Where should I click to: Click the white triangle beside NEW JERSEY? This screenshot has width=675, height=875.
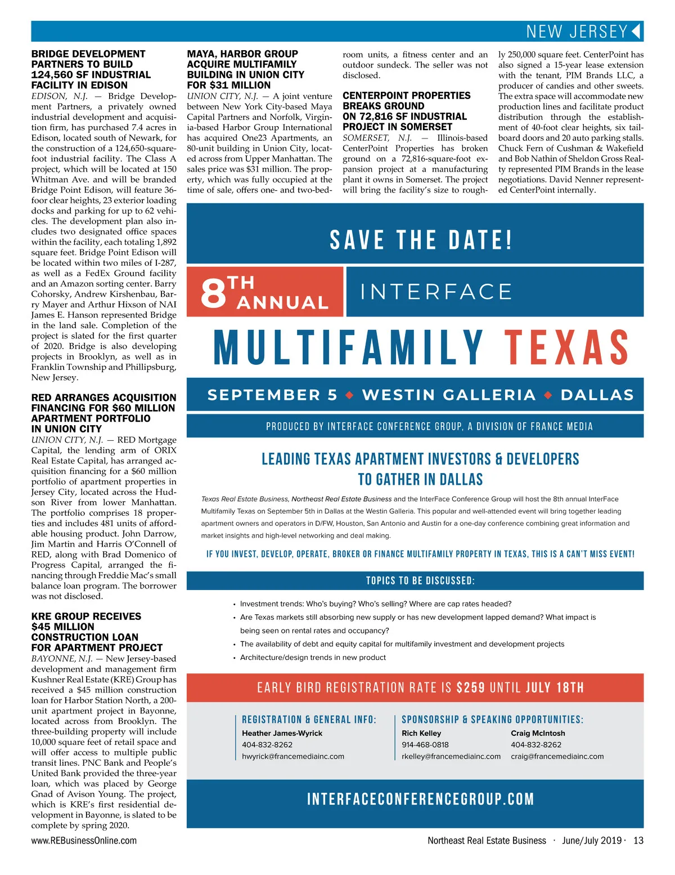tap(636, 31)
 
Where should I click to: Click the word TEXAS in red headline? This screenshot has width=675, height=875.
tap(566, 347)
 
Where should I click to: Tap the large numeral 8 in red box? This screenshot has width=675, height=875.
tap(213, 292)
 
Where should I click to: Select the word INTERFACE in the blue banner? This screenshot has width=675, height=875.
tap(436, 292)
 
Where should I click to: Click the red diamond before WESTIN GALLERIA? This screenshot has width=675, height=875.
tap(349, 395)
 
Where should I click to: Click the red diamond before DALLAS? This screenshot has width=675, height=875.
tap(548, 395)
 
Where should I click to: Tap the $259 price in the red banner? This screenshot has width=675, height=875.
tap(470, 687)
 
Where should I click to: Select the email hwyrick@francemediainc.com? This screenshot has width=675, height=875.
tap(292, 756)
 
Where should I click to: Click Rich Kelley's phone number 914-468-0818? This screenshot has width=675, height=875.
tap(425, 744)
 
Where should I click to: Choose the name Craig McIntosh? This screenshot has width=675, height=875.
tap(538, 733)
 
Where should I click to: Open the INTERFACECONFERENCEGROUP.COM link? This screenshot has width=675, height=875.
tap(420, 799)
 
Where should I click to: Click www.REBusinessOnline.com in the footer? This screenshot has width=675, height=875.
tap(84, 841)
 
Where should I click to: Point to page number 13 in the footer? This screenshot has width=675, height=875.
tap(638, 841)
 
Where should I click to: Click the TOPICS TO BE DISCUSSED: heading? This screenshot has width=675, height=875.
tap(420, 581)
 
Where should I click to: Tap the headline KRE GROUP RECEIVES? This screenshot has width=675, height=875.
tap(86, 617)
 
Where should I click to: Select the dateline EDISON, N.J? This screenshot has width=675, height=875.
tap(59, 96)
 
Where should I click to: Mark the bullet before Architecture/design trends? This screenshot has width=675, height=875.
tap(234, 658)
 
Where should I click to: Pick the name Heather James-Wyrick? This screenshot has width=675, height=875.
tap(282, 733)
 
